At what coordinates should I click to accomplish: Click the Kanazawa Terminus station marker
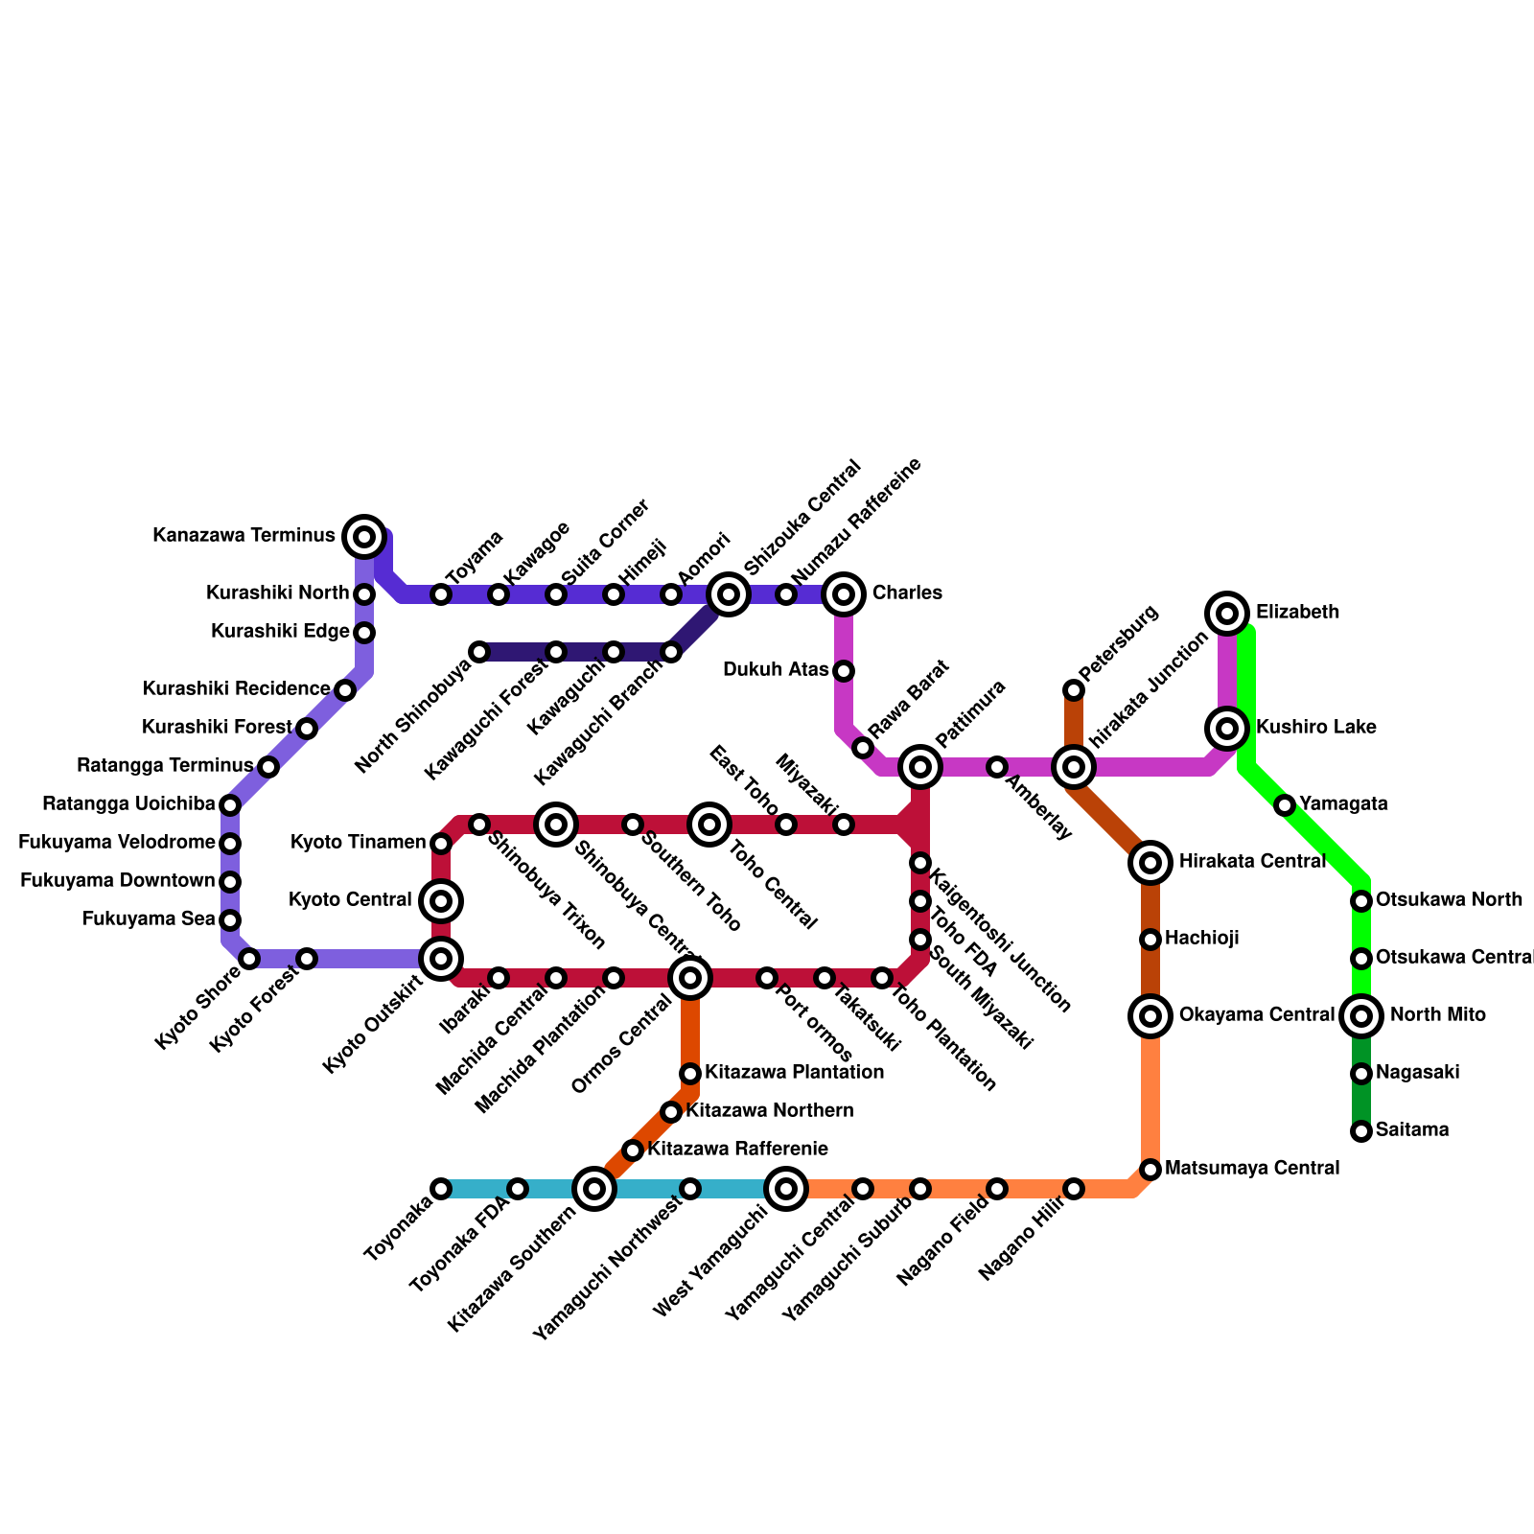click(x=364, y=537)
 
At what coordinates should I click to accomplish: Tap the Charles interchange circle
click(x=844, y=594)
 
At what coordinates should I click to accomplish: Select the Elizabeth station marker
click(x=1227, y=614)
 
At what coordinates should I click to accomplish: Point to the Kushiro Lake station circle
click(x=1227, y=729)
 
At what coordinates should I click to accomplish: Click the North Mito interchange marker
click(x=1361, y=1016)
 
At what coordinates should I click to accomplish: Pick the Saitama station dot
click(x=1361, y=1131)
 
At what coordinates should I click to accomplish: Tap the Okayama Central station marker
click(x=1151, y=1016)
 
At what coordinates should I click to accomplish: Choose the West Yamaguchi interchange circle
click(x=786, y=1190)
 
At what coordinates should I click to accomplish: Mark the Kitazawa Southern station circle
click(x=594, y=1190)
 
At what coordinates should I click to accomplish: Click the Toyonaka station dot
click(x=441, y=1190)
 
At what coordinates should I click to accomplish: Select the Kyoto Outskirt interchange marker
click(x=441, y=959)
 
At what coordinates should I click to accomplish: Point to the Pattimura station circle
click(x=920, y=767)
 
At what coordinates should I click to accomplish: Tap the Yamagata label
click(x=1343, y=804)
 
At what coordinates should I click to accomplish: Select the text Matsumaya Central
click(x=1251, y=1169)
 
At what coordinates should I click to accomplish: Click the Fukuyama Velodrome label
click(x=117, y=843)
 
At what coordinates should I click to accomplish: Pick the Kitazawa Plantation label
click(x=794, y=1072)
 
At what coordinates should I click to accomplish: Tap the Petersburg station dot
click(x=1074, y=690)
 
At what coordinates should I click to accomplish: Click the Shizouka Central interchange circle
click(x=729, y=594)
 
